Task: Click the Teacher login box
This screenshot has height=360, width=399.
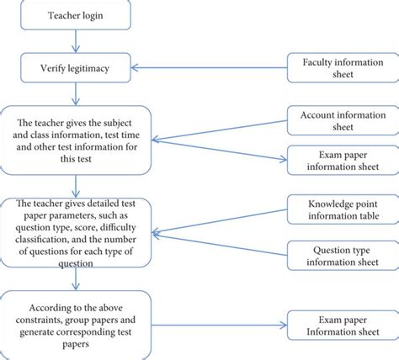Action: (x=76, y=16)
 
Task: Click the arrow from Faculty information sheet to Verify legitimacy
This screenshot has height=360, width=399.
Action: (x=210, y=69)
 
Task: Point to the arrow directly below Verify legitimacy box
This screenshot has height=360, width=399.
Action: (x=76, y=93)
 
